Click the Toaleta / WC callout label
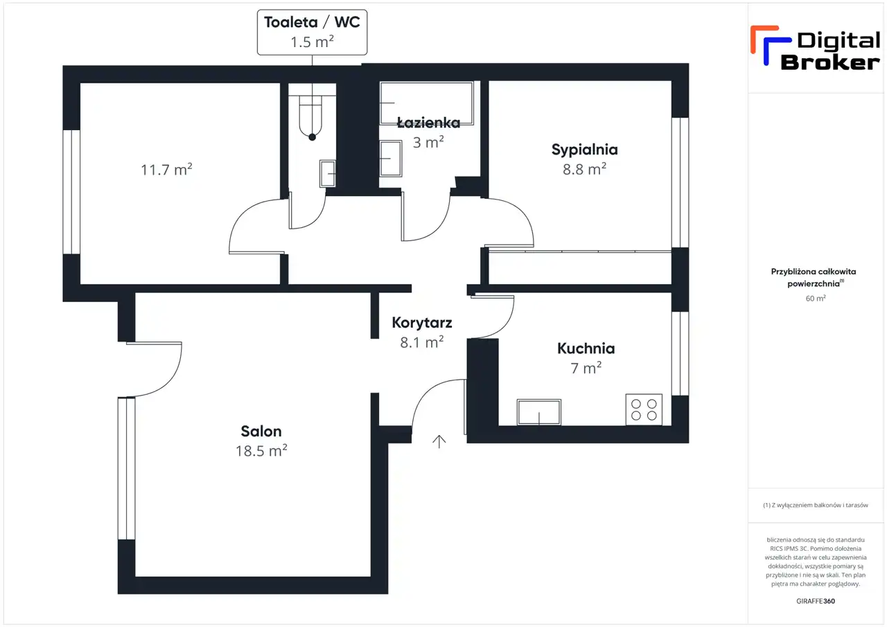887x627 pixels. point(312,32)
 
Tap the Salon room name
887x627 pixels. point(261,431)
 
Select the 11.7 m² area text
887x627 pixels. point(166,170)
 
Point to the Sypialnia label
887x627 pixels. point(584,150)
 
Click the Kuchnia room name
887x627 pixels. point(586,348)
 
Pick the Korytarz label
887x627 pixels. point(422,323)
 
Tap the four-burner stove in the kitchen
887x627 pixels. point(644,409)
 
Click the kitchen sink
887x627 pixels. point(539,412)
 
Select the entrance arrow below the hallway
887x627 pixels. point(439,441)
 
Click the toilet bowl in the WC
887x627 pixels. point(312,118)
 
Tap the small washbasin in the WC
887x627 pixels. point(328,173)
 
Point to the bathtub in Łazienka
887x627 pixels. point(426,103)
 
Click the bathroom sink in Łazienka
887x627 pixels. point(391,159)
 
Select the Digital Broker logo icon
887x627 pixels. point(771,46)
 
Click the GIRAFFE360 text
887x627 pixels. point(816,601)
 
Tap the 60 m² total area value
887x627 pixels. point(816,298)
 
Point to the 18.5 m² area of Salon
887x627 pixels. point(261,451)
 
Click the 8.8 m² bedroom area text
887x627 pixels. point(584,169)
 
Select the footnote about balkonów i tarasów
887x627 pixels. point(816,505)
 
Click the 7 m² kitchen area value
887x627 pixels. point(586,368)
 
